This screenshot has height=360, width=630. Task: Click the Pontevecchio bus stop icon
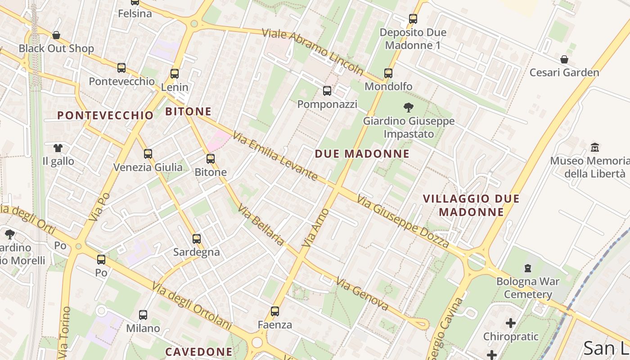121,68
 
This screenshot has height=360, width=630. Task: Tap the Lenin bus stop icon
175,74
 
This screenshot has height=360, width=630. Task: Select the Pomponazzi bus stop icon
327,91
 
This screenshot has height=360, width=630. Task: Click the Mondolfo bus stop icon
388,73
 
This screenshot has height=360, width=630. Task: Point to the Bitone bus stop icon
211,158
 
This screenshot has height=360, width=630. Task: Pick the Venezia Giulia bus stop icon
148,154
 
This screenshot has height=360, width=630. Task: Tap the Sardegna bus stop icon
197,238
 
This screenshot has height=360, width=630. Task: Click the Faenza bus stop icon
275,311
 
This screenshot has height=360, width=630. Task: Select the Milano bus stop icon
143,315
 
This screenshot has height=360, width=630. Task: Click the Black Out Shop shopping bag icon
56,35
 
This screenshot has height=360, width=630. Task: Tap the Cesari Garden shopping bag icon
564,59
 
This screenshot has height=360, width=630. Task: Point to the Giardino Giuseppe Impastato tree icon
409,108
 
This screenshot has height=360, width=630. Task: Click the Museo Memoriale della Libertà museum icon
595,147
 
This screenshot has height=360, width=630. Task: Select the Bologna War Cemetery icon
528,268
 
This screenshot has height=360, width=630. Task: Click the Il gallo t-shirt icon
58,148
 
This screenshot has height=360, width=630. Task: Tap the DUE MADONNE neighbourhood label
362,154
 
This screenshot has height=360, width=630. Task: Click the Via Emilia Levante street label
275,156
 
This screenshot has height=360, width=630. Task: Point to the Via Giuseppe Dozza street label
403,221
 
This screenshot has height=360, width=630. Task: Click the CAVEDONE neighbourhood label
199,351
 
